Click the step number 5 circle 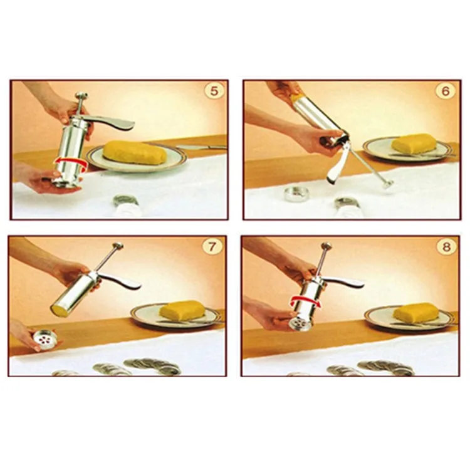[x=214, y=91]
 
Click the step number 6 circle [x=446, y=91]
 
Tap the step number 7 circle [x=214, y=247]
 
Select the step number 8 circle [x=446, y=247]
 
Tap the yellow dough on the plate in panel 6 [x=415, y=144]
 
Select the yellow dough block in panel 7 [x=182, y=310]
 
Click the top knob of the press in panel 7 [x=117, y=245]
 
